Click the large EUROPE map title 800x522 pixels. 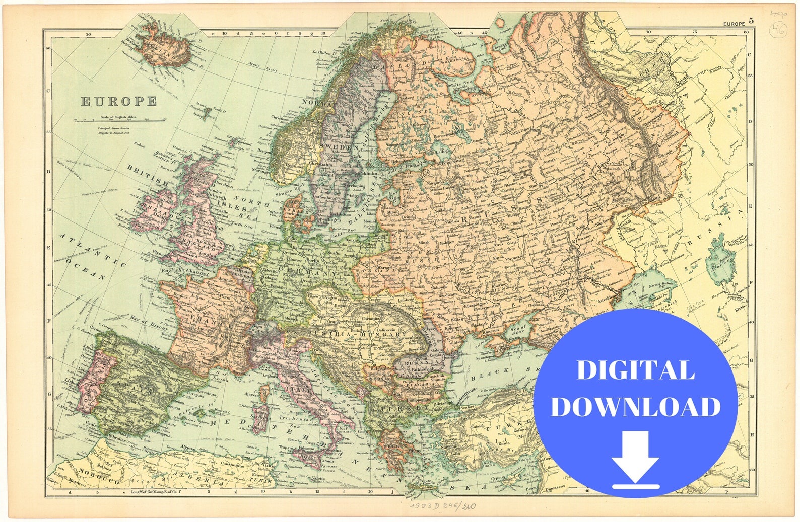pyautogui.click(x=119, y=101)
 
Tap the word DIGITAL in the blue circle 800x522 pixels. pyautogui.click(x=635, y=370)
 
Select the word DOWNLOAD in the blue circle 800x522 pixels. pyautogui.click(x=635, y=407)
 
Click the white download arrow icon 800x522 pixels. pyautogui.click(x=636, y=461)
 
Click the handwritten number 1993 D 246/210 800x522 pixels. pyautogui.click(x=442, y=505)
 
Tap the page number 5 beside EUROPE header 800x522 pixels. pyautogui.click(x=751, y=21)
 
